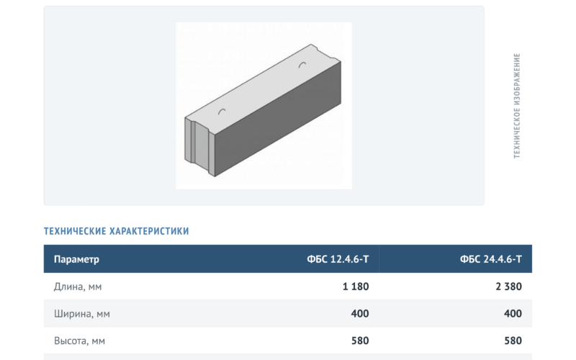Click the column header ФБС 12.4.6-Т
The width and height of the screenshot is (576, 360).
[x=338, y=259]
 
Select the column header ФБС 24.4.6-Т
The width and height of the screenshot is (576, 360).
[x=491, y=259]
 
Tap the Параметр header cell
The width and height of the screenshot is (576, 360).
[x=76, y=259]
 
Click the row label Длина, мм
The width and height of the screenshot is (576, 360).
[x=78, y=287]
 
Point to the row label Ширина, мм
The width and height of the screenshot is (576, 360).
[x=82, y=314]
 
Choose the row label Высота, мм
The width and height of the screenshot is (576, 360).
[x=79, y=341]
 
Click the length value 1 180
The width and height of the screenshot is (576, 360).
[x=356, y=287]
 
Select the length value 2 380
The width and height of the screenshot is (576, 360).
[x=509, y=287]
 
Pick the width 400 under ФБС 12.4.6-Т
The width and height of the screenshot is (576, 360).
[x=360, y=314]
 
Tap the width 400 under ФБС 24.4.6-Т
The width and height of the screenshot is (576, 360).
[x=513, y=314]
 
